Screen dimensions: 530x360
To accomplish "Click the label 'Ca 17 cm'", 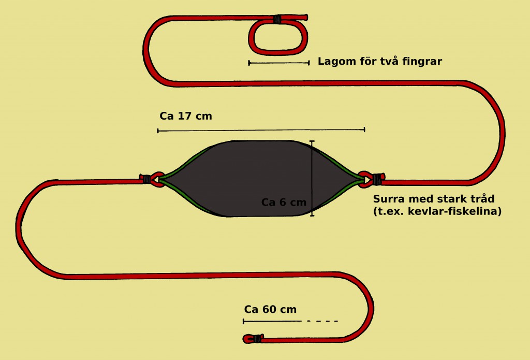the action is (x=186, y=116).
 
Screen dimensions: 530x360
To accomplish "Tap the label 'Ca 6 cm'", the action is (x=284, y=203).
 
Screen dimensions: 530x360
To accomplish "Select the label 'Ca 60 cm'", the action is (x=270, y=309).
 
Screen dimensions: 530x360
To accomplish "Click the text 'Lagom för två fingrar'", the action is (x=379, y=61).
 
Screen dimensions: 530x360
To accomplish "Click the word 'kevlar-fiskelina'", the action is (x=454, y=211).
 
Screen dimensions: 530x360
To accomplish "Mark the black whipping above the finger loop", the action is (x=277, y=19).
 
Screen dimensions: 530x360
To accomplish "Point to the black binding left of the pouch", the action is (x=146, y=179).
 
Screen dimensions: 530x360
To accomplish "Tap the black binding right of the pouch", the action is (x=377, y=179).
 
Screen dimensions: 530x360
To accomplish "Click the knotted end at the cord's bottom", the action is (x=253, y=338).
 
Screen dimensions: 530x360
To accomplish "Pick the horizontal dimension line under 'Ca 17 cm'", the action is (x=261, y=130).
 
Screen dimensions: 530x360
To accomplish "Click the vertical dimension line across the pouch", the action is (x=312, y=178).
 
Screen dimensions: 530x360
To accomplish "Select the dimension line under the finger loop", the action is (x=279, y=63).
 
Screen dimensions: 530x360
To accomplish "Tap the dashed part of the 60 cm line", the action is (x=322, y=321).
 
